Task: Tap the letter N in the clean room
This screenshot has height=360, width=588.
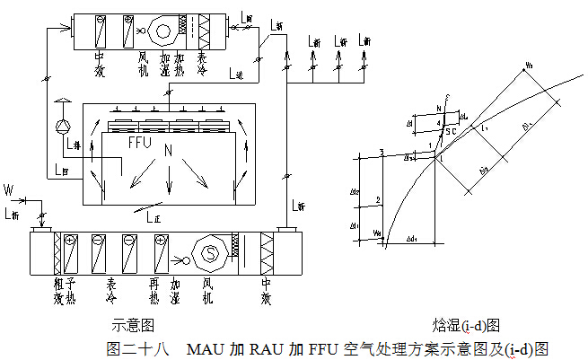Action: point(166,154)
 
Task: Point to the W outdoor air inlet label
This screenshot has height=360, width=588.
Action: point(9,190)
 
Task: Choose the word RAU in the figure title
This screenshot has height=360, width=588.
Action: point(267,347)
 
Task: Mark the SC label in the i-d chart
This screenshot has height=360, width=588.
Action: point(452,132)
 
